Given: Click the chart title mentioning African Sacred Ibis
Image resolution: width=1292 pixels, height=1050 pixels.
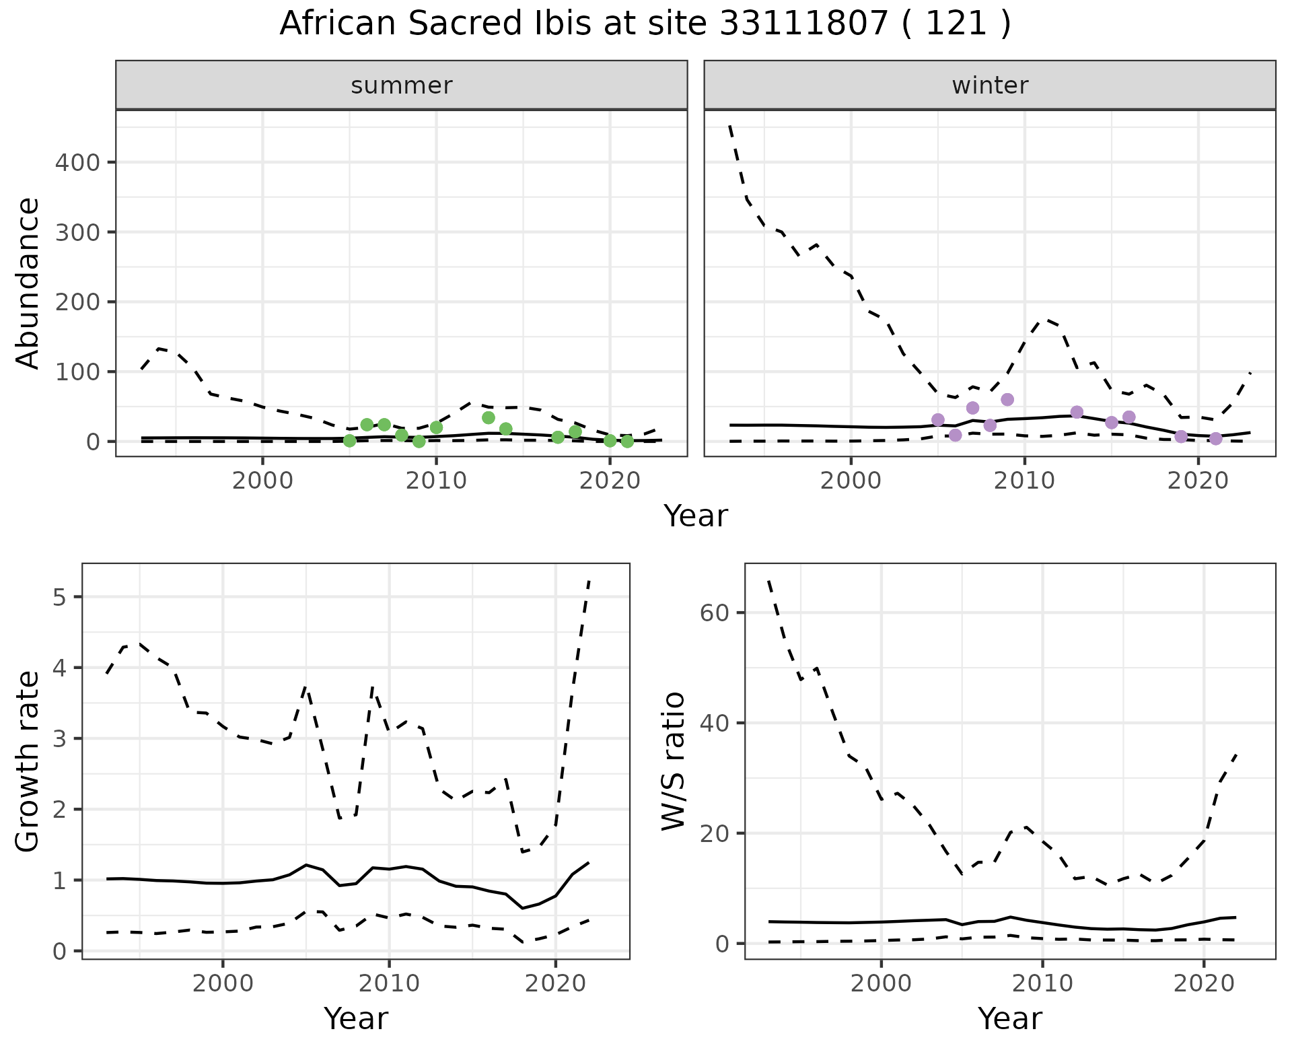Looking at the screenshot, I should (x=645, y=24).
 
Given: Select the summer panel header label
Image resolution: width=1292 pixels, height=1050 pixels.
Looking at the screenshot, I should (x=402, y=85).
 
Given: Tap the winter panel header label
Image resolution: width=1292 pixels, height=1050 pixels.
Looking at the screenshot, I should (x=990, y=85).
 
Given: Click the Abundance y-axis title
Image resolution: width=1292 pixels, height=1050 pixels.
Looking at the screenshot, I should (x=28, y=283).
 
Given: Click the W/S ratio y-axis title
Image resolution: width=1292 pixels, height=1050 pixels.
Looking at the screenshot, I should (x=674, y=761).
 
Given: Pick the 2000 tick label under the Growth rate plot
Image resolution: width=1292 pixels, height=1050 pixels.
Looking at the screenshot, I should (x=223, y=983).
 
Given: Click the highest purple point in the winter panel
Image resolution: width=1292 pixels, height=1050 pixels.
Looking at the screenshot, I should (x=1007, y=400).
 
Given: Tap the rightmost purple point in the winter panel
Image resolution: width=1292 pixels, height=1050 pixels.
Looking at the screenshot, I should (x=1215, y=439).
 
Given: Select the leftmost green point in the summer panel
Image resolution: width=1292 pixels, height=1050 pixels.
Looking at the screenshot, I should (x=349, y=441).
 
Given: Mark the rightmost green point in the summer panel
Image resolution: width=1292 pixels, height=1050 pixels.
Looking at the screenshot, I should (x=627, y=442).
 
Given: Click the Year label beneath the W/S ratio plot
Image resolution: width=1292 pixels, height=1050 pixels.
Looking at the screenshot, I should (x=1010, y=1018).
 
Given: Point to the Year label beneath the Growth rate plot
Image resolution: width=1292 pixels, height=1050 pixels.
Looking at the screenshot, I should (x=356, y=1018).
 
